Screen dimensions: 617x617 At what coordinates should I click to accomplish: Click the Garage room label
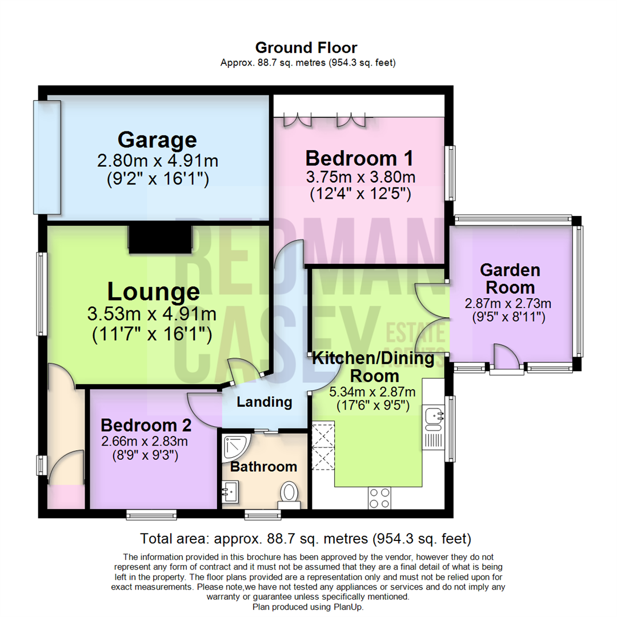click(x=157, y=139)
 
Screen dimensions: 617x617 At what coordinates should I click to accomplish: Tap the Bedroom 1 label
click(x=359, y=157)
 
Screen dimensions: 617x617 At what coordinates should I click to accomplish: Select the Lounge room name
click(x=154, y=292)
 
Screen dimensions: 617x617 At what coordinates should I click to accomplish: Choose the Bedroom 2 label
click(x=146, y=425)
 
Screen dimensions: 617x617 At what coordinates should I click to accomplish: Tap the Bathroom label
click(x=263, y=467)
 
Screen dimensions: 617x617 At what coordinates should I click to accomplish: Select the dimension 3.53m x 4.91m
click(x=151, y=314)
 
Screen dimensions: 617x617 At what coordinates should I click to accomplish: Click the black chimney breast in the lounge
click(x=159, y=239)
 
